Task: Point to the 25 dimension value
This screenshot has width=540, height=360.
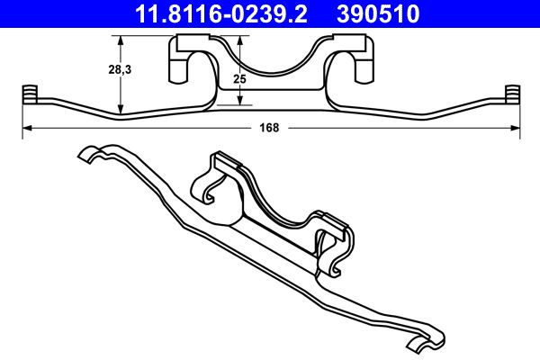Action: coord(239,80)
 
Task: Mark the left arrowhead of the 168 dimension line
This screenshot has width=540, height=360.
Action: coord(26,128)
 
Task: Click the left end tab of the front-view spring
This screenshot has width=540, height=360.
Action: coord(27,94)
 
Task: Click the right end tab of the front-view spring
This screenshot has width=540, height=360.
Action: coord(513,94)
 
